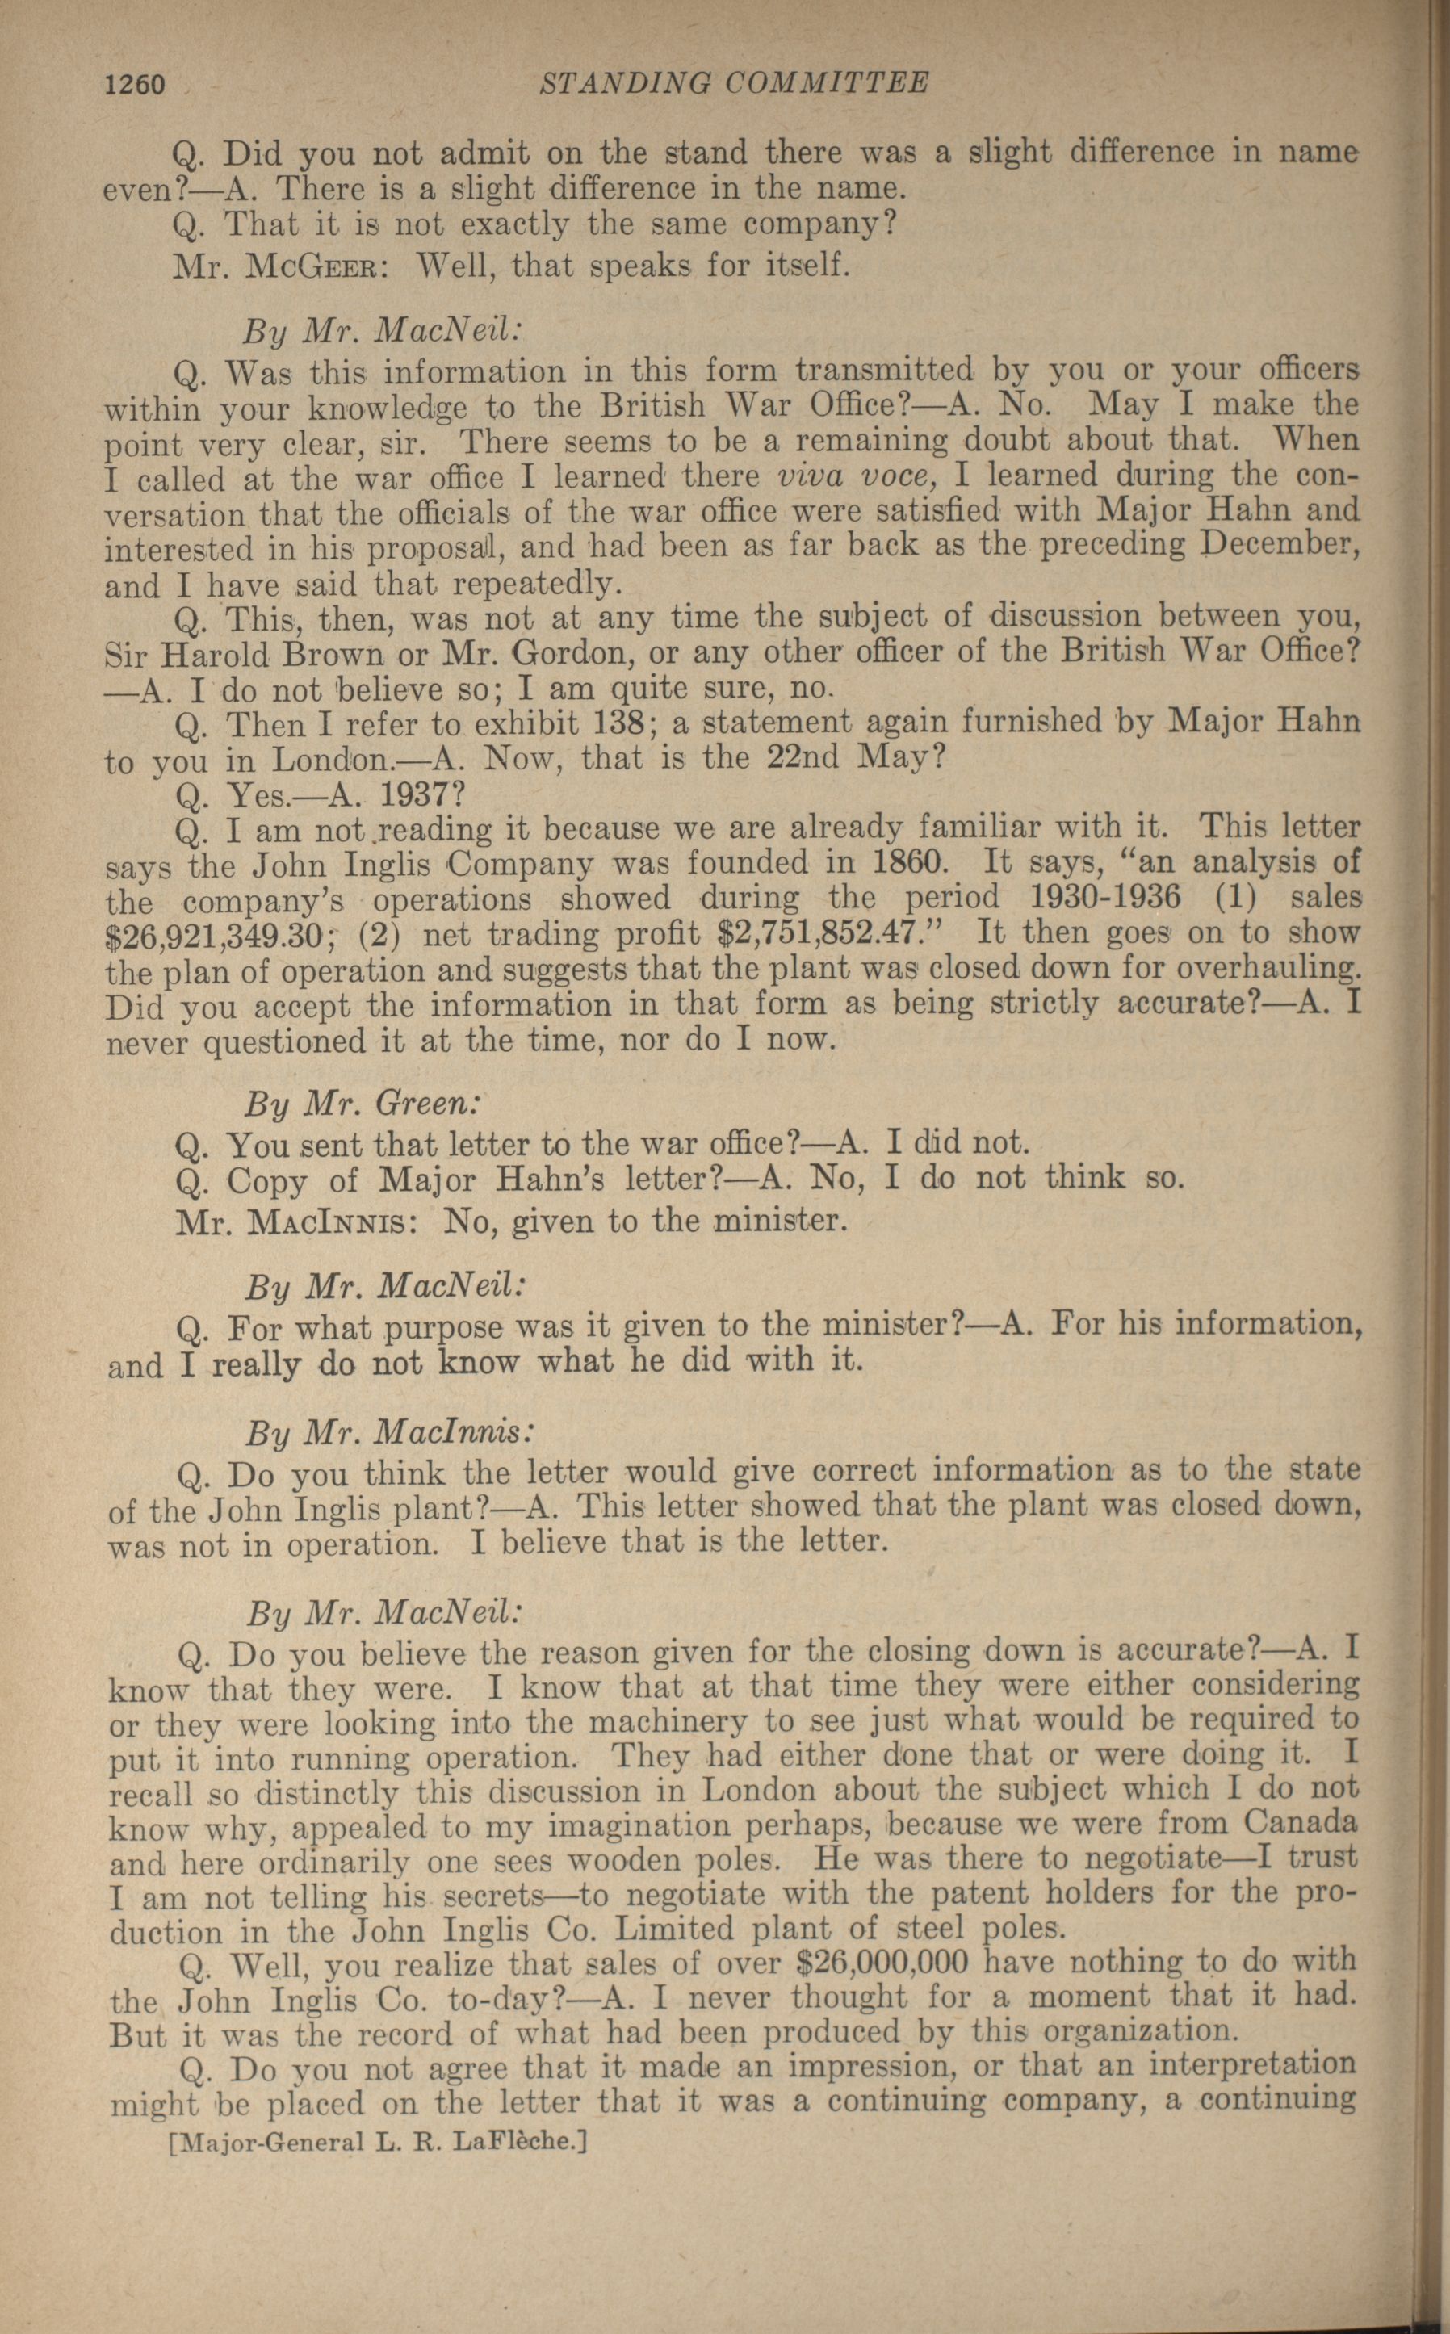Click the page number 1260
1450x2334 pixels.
point(135,86)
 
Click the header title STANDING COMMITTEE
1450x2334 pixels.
point(735,85)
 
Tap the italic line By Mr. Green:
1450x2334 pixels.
point(362,1104)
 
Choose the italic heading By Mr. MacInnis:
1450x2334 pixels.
point(388,1433)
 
